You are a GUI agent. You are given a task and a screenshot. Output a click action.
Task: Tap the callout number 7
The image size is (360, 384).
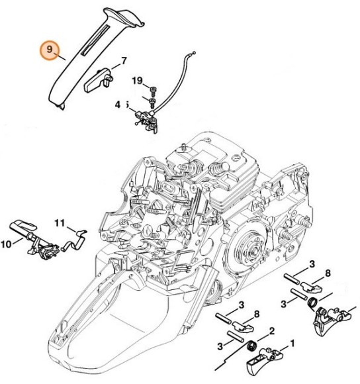(x=123, y=62)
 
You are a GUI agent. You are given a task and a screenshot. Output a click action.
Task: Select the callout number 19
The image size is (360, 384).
(x=137, y=81)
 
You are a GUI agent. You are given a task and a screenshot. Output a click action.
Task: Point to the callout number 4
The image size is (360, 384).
(x=118, y=104)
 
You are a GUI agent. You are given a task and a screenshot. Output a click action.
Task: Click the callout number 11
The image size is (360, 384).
(x=60, y=223)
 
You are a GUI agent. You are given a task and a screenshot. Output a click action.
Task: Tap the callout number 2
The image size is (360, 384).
(x=271, y=330)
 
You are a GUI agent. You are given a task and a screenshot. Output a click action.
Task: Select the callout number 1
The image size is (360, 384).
(x=291, y=344)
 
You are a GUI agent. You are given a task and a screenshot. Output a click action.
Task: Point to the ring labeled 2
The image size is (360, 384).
(x=252, y=347)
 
